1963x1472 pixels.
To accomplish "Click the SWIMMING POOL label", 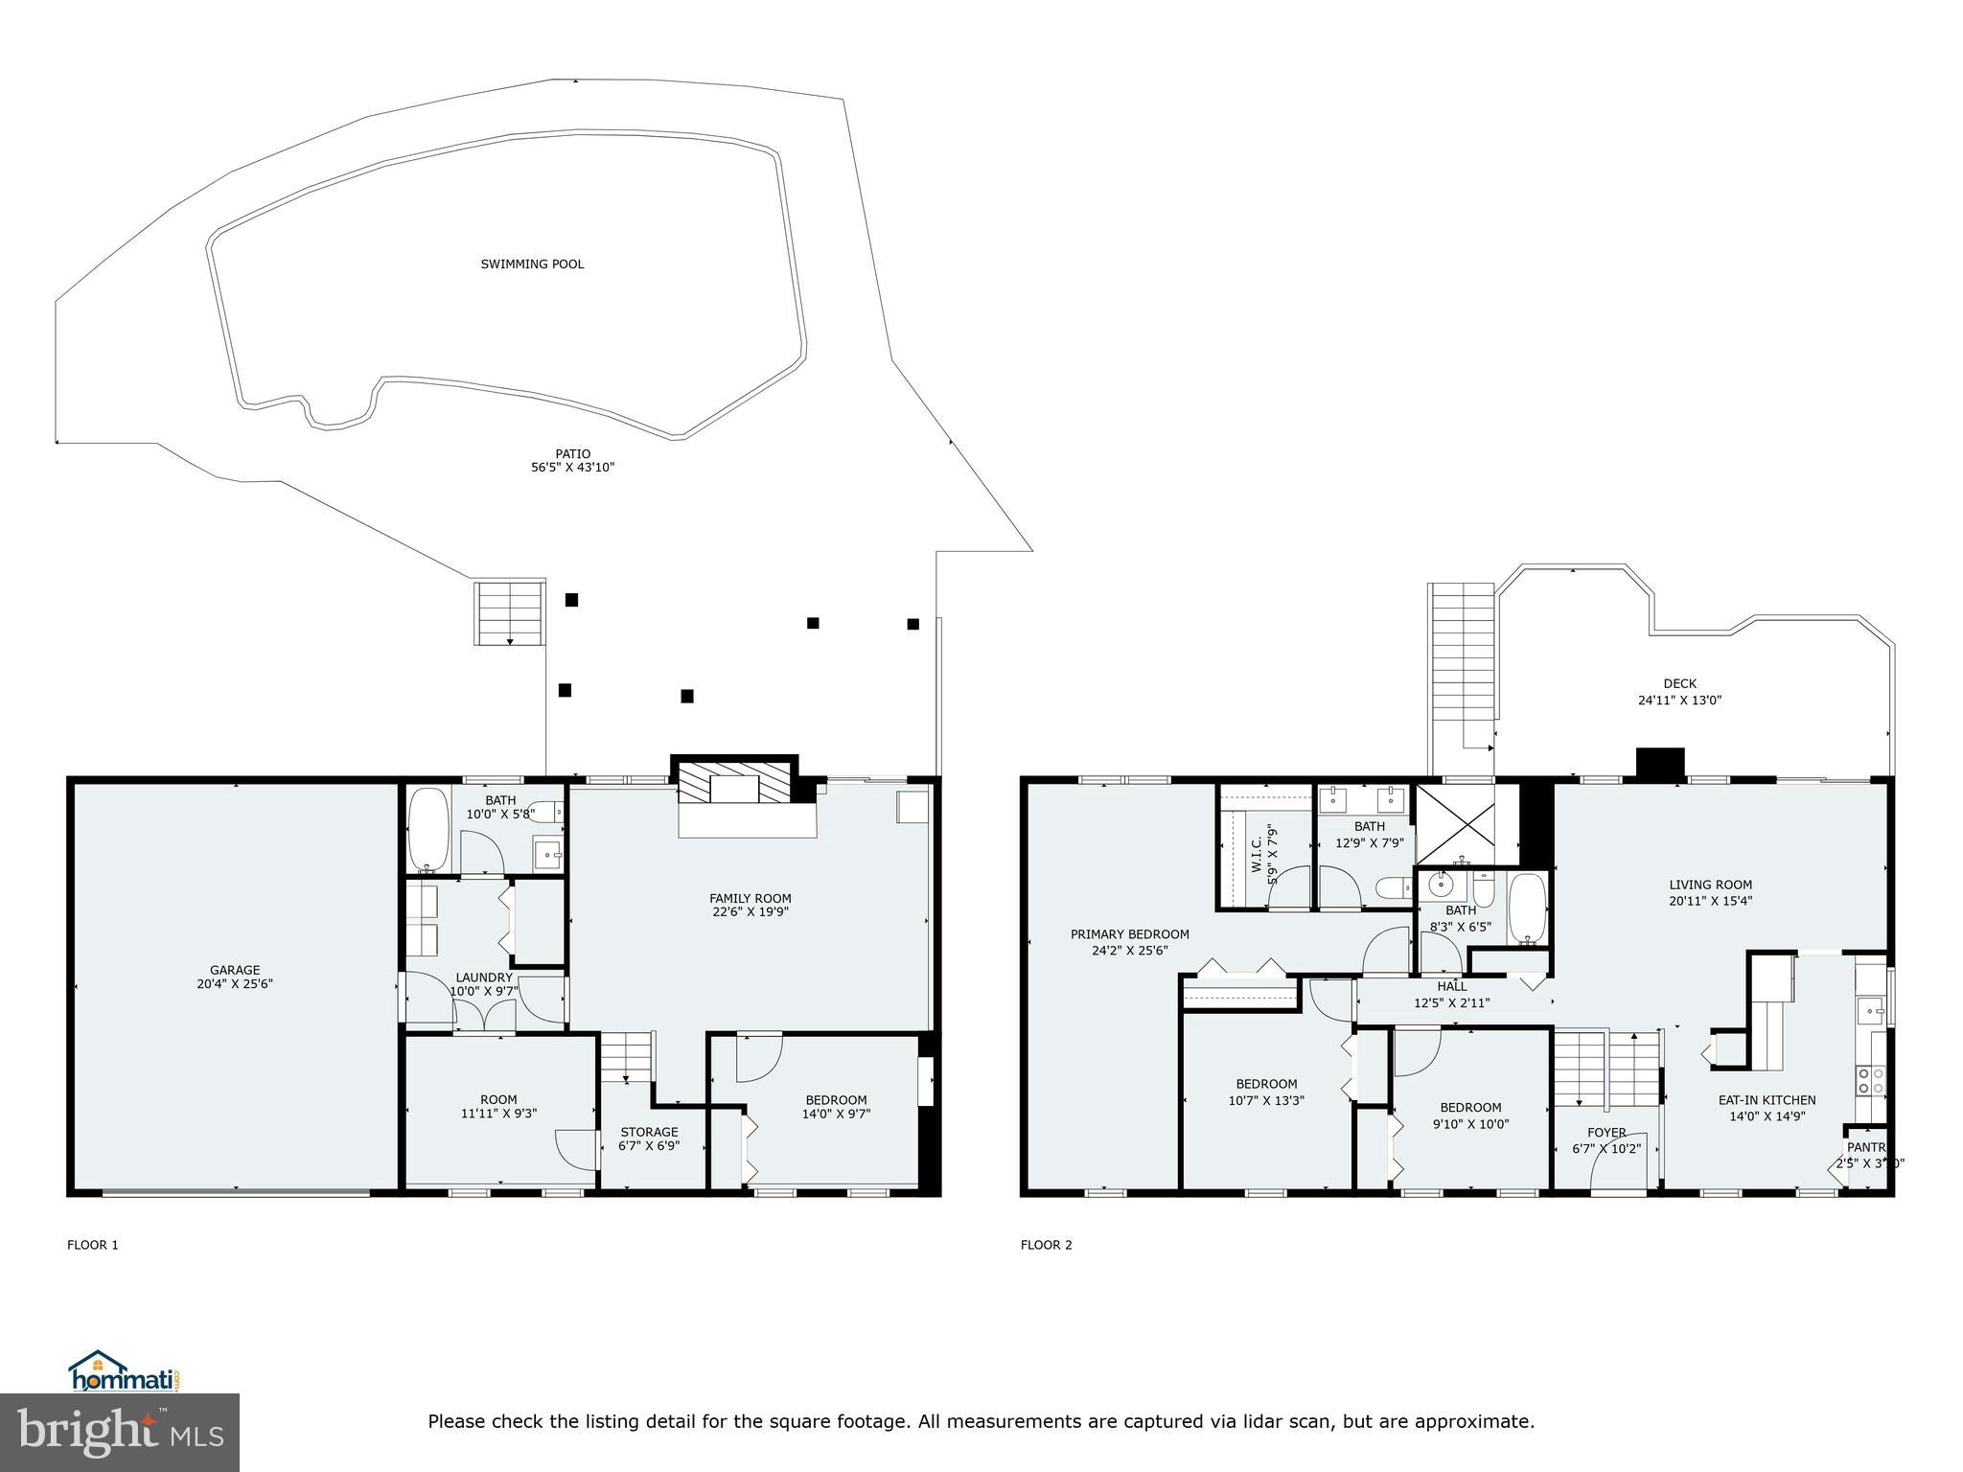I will point(532,264).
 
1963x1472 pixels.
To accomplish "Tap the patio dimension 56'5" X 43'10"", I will point(572,468).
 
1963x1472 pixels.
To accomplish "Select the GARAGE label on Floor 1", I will point(235,970).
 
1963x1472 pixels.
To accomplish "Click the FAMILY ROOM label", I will point(750,898).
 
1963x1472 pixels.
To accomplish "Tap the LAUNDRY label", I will point(483,977).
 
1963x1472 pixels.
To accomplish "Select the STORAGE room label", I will point(649,1132).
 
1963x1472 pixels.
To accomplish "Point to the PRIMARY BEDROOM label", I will point(1129,934).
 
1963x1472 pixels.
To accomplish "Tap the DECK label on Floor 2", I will point(1679,683).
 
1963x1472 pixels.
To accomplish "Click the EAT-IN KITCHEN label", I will point(1766,1100).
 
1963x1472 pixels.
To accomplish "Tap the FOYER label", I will point(1605,1133).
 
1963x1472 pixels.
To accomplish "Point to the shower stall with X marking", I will point(1454,824).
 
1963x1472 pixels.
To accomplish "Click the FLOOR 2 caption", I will point(1046,1245).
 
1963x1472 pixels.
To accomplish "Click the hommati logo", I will point(123,1371).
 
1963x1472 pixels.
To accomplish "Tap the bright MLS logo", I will point(120,1432).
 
